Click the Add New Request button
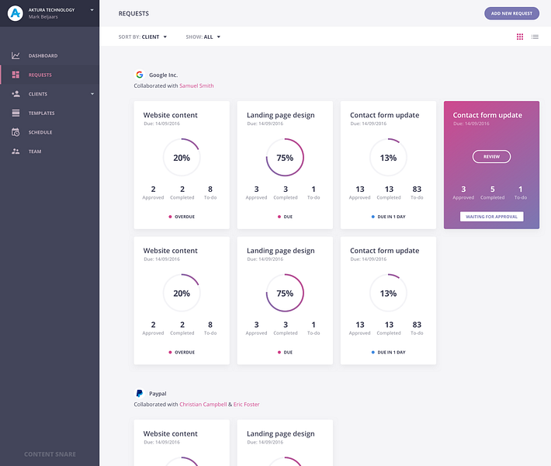511,13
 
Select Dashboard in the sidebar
43,56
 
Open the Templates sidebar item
41,113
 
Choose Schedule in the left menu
40,132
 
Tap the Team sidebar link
35,151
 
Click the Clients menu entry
38,94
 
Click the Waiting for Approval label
491,217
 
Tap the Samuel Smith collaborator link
196,85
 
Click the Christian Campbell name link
203,404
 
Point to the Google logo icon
140,75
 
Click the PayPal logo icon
140,394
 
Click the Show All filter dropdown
203,37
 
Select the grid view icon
520,37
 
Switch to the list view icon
535,37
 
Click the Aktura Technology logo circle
15,13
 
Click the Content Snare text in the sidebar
50,454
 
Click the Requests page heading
133,14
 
